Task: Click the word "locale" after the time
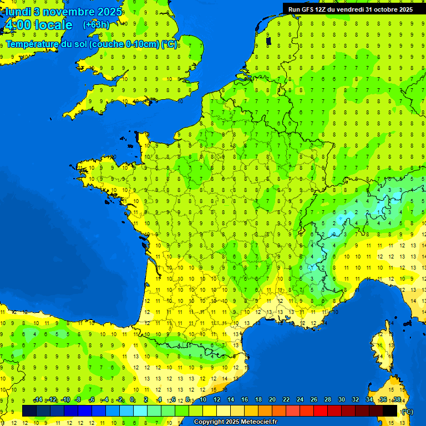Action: click(53, 25)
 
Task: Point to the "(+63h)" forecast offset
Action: click(96, 25)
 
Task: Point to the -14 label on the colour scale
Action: click(38, 400)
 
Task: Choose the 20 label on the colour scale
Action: click(272, 400)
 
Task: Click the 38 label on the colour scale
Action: click(397, 400)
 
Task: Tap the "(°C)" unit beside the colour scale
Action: click(407, 411)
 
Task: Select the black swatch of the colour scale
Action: click(390, 410)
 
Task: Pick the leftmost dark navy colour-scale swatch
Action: click(29, 410)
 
